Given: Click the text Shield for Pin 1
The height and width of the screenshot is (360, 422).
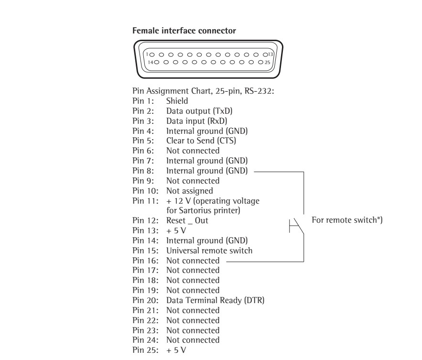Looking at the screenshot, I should [177, 101].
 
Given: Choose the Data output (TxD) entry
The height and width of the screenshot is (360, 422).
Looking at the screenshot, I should [196, 111].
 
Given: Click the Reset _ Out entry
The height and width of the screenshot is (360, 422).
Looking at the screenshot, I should [187, 221].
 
